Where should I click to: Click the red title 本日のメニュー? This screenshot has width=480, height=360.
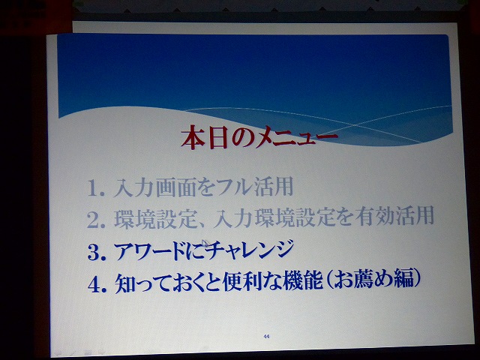coord(259,138)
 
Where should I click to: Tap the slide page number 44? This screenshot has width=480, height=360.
coord(266,337)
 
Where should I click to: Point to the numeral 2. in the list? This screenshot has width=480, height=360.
coord(96,220)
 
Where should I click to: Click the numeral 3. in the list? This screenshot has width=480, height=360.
coord(97,252)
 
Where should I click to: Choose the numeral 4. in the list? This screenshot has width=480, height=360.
coord(97,284)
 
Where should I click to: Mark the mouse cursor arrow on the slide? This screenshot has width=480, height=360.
coord(205,243)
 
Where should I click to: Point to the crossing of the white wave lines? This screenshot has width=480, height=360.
coord(354,125)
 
